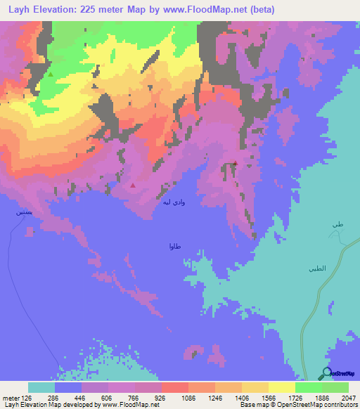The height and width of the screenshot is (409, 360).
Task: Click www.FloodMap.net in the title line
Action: [x=207, y=9]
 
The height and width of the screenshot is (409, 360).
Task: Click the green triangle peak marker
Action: [x=50, y=72]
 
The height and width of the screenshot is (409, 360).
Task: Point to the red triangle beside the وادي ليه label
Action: [x=133, y=186]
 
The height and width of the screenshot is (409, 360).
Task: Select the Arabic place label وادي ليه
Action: [x=174, y=202]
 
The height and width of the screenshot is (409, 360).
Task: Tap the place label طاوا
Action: [x=176, y=246]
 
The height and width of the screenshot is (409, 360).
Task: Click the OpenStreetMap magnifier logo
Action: [x=327, y=374]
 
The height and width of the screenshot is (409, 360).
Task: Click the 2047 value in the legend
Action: [x=340, y=397]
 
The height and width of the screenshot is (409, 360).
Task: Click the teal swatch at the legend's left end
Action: [x=41, y=387]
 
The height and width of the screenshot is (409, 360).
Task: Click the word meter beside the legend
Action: [x=11, y=397]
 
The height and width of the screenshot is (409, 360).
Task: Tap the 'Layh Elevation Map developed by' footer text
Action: [x=49, y=405]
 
